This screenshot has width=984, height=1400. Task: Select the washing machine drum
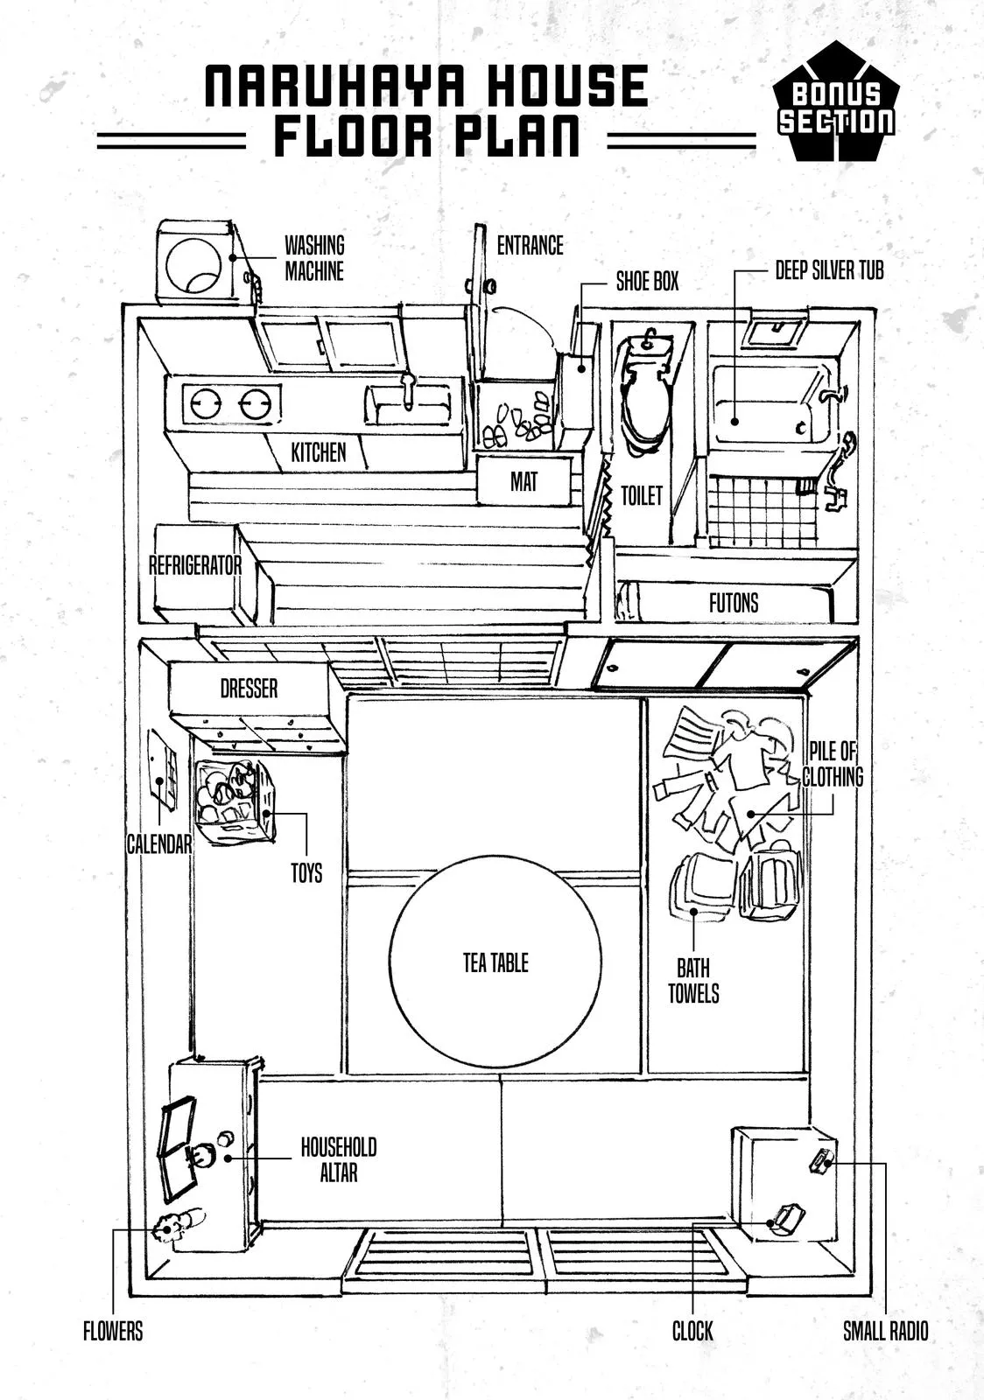tap(193, 264)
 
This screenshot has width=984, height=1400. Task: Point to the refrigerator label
tap(194, 565)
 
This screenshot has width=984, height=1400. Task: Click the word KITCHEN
tap(318, 452)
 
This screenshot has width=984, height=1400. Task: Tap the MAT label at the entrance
tap(524, 481)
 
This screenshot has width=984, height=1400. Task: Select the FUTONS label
tap(734, 602)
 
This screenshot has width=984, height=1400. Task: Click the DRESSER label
tap(249, 689)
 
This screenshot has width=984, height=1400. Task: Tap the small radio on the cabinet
tap(821, 1162)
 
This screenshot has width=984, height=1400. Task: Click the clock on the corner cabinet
tap(784, 1220)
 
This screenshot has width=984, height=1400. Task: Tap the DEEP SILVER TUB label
tap(829, 270)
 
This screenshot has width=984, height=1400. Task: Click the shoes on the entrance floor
tap(517, 423)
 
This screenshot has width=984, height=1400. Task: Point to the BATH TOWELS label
tap(693, 981)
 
